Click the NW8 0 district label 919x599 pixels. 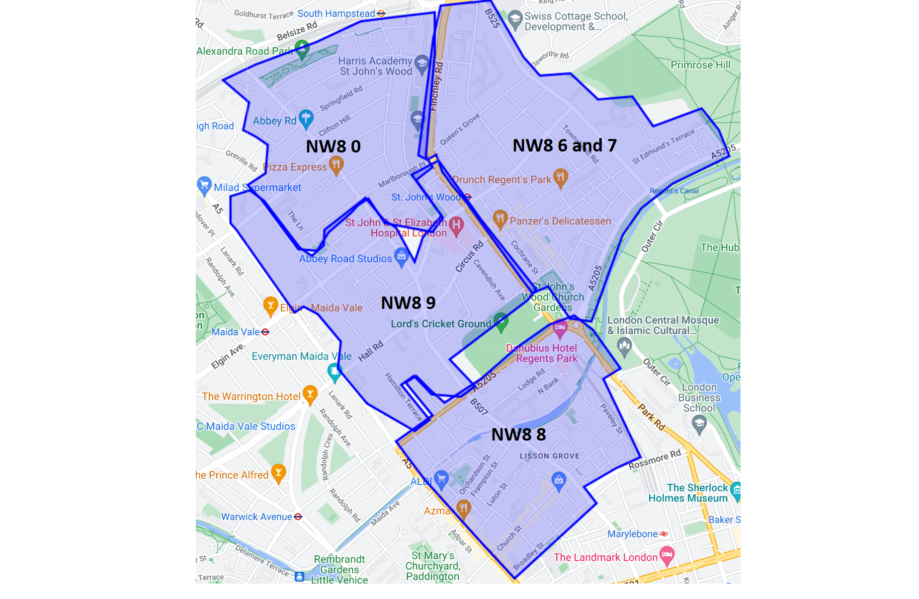pyautogui.click(x=333, y=147)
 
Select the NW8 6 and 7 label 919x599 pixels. pyautogui.click(x=564, y=146)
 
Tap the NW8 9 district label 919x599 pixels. pyautogui.click(x=408, y=302)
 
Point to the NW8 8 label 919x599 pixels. pyautogui.click(x=518, y=435)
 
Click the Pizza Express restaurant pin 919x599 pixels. pyautogui.click(x=336, y=165)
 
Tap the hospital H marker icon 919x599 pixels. pyautogui.click(x=456, y=225)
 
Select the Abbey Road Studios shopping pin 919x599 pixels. pyautogui.click(x=401, y=257)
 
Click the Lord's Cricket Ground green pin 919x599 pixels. pyautogui.click(x=501, y=322)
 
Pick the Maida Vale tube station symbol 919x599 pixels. pyautogui.click(x=265, y=332)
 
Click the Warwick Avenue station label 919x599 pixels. pyautogui.click(x=256, y=517)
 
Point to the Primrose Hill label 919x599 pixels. pyautogui.click(x=700, y=65)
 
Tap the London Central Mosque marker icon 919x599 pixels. pyautogui.click(x=624, y=345)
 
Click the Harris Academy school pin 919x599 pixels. pyautogui.click(x=422, y=64)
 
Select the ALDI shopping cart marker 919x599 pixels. pyautogui.click(x=441, y=479)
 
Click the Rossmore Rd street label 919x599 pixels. pyautogui.click(x=655, y=460)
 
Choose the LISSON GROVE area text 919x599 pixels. pyautogui.click(x=549, y=456)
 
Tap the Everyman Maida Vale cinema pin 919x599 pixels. pyautogui.click(x=334, y=371)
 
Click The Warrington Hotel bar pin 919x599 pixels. pyautogui.click(x=310, y=394)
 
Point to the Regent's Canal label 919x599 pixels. pyautogui.click(x=674, y=191)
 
